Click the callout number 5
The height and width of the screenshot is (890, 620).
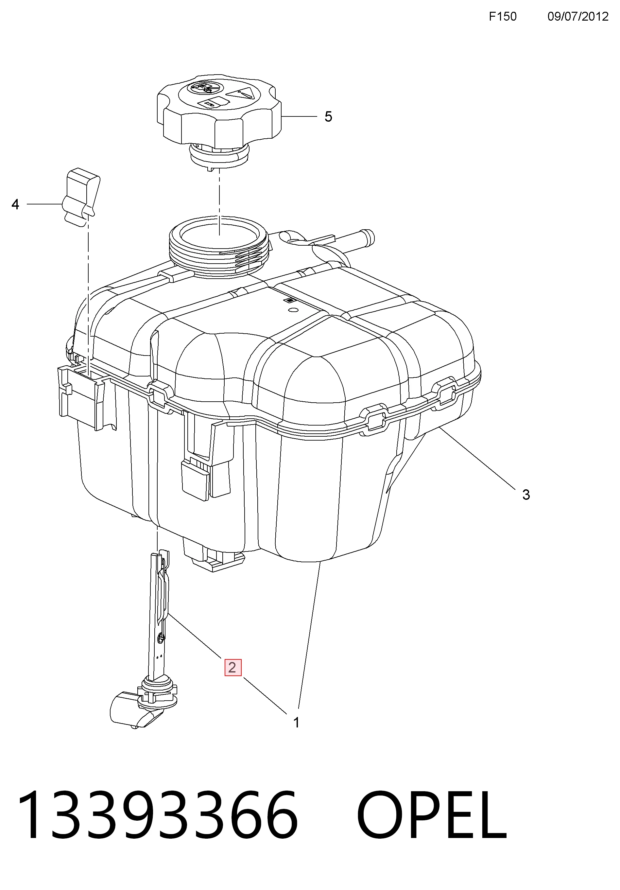pyautogui.click(x=328, y=117)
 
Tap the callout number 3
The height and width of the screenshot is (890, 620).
pyautogui.click(x=526, y=495)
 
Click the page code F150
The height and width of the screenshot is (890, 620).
pyautogui.click(x=503, y=16)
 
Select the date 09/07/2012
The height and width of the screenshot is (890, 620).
pyautogui.click(x=578, y=16)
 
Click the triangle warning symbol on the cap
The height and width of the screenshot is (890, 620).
pyautogui.click(x=241, y=92)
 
